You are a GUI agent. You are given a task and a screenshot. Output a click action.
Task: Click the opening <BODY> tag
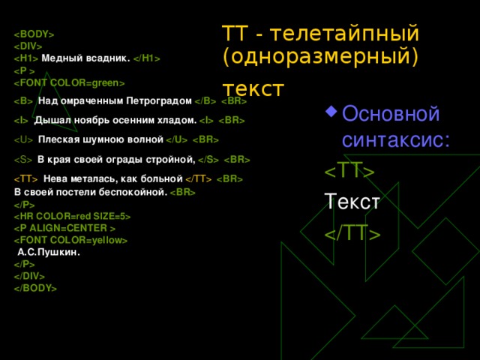34,34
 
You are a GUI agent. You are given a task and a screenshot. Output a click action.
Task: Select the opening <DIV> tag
28,46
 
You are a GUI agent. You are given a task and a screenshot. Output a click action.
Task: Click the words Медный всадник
86,58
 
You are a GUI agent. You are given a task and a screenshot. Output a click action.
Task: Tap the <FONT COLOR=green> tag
69,82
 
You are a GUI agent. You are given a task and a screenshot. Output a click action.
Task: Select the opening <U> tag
24,139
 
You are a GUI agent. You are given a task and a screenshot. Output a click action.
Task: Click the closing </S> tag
208,159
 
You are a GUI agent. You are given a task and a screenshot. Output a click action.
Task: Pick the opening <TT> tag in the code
26,178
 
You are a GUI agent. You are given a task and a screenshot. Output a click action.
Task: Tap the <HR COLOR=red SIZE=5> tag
72,217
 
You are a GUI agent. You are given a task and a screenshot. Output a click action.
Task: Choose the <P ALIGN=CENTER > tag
64,228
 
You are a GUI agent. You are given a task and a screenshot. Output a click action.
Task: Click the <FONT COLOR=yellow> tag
70,240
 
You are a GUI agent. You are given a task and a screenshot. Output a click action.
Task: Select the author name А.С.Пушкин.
48,253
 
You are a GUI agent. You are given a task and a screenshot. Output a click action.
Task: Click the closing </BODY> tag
35,287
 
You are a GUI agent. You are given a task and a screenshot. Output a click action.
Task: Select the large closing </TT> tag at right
352,233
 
